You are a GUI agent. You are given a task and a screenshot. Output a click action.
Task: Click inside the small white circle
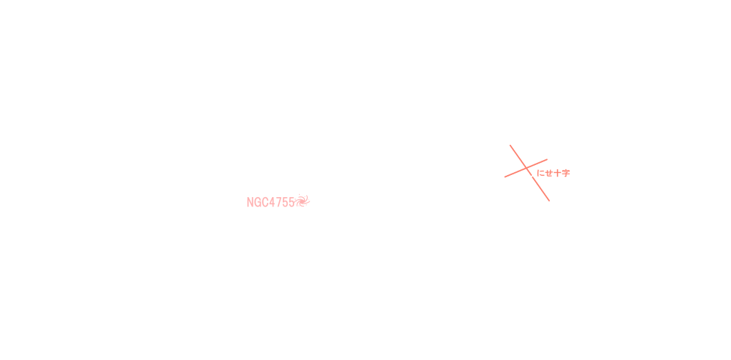(x=316, y=208)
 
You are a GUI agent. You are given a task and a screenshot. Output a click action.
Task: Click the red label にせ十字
(x=553, y=173)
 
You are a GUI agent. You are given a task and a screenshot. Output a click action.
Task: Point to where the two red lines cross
(x=527, y=168)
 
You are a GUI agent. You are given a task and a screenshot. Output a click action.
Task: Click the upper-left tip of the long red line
(x=510, y=145)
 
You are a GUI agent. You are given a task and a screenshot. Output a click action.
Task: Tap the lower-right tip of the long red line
(x=549, y=201)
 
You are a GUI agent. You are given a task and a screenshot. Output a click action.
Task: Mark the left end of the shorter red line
(x=505, y=176)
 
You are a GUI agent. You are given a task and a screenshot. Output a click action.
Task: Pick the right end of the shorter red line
(x=548, y=159)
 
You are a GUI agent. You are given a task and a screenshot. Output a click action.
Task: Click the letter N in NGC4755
(x=250, y=202)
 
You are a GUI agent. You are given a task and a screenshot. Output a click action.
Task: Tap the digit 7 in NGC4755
(x=279, y=202)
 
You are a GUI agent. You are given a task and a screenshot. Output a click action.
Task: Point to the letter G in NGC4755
(x=257, y=202)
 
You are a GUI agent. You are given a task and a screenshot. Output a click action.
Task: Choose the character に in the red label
(x=540, y=173)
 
